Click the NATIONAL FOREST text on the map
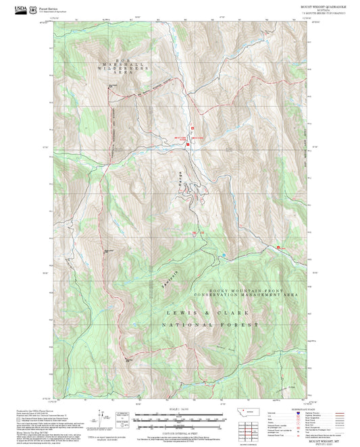tap(210, 325)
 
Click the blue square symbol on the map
tap(224, 255)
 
